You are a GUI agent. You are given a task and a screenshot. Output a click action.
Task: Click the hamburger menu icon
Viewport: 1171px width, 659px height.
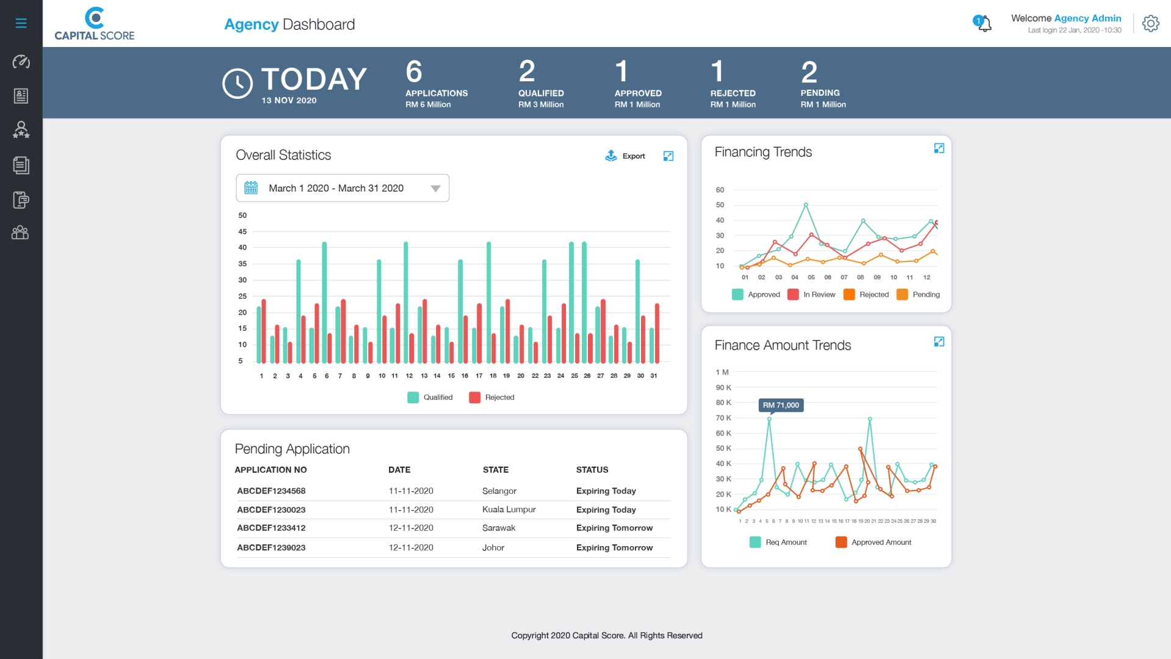(21, 23)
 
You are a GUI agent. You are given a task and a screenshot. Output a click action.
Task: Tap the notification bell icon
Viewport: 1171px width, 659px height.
(983, 24)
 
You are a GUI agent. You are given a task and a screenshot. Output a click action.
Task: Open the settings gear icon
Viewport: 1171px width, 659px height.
(1150, 24)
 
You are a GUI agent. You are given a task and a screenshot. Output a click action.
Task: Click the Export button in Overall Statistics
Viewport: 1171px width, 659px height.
(625, 156)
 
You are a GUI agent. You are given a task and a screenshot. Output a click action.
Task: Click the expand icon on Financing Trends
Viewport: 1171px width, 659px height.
(939, 148)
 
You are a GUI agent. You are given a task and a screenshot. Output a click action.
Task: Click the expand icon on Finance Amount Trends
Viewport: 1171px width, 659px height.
(939, 342)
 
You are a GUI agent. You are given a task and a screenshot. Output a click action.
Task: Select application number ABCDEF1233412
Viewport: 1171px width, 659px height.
(271, 528)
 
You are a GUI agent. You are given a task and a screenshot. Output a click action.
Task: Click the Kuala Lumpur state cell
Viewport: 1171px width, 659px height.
(509, 510)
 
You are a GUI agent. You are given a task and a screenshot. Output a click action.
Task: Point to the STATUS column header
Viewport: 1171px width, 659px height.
(592, 470)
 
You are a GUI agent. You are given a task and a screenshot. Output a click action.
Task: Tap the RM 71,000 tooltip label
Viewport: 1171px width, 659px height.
(781, 405)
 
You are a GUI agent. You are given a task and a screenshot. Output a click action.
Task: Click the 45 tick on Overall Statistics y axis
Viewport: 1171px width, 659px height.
(242, 232)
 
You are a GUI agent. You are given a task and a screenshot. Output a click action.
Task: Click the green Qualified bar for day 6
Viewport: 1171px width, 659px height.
(324, 303)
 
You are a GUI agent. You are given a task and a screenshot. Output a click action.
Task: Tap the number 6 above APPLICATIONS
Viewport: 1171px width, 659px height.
(414, 72)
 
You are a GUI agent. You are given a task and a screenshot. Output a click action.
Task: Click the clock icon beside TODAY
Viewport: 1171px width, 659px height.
(237, 84)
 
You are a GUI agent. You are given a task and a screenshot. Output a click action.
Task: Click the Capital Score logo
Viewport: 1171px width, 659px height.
(95, 24)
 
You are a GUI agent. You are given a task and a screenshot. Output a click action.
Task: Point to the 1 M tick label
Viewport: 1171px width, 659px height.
(722, 372)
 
